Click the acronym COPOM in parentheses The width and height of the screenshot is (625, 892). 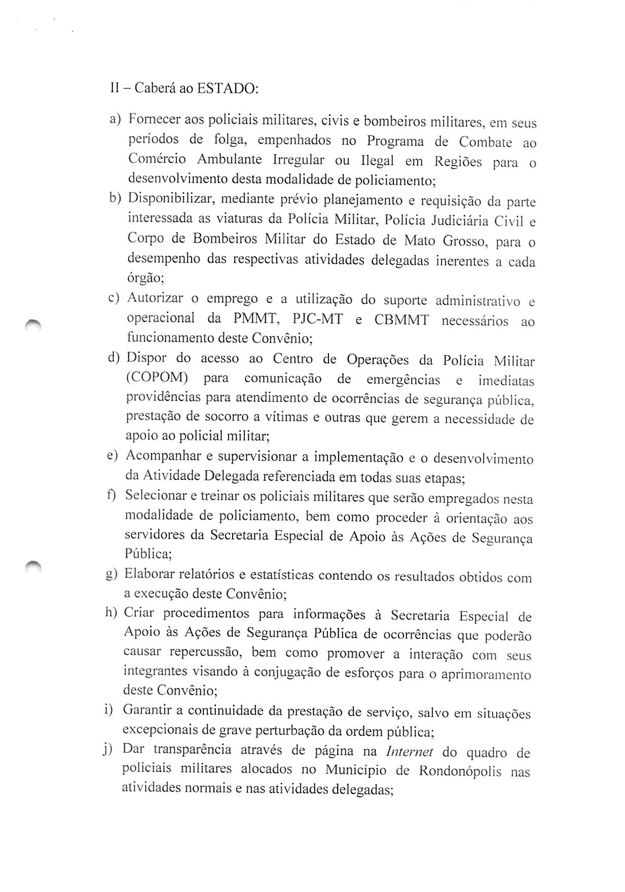[158, 378]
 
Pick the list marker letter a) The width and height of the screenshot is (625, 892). [115, 119]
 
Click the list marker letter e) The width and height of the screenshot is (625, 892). [112, 456]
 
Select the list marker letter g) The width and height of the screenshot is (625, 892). [112, 574]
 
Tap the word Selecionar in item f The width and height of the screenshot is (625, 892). [156, 495]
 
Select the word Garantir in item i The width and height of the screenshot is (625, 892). [146, 710]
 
